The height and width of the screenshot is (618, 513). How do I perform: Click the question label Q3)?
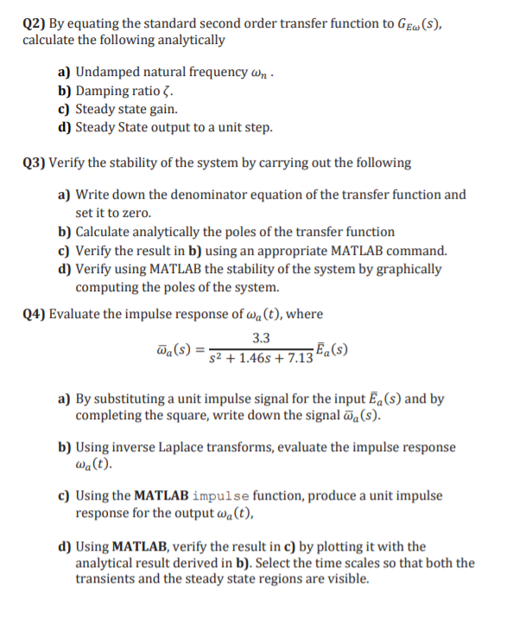35,162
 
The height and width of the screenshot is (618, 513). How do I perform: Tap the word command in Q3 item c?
418,251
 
